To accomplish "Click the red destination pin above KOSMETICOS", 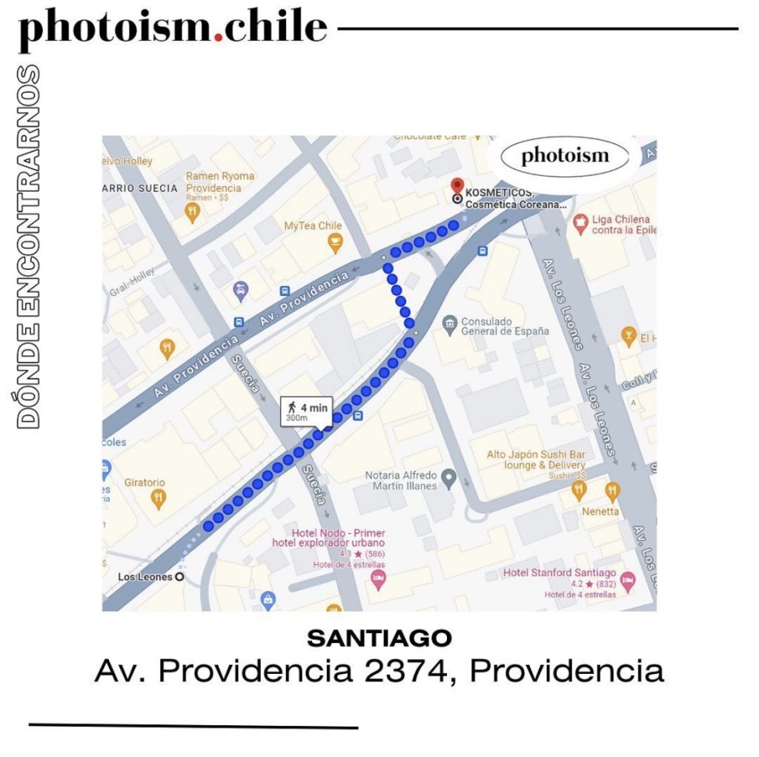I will (457, 185).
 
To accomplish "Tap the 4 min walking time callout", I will (307, 411).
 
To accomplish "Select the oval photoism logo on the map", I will (565, 156).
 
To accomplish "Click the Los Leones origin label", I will (145, 577).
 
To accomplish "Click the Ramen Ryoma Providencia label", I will (219, 182).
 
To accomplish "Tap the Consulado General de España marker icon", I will (448, 324).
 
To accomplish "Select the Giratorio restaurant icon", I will (157, 498).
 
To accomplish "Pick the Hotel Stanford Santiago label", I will (559, 572).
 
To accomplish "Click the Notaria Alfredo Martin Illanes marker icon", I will (448, 475).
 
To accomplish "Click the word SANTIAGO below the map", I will (379, 637).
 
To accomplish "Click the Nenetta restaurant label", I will (600, 512).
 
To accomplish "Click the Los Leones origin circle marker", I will (179, 577).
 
